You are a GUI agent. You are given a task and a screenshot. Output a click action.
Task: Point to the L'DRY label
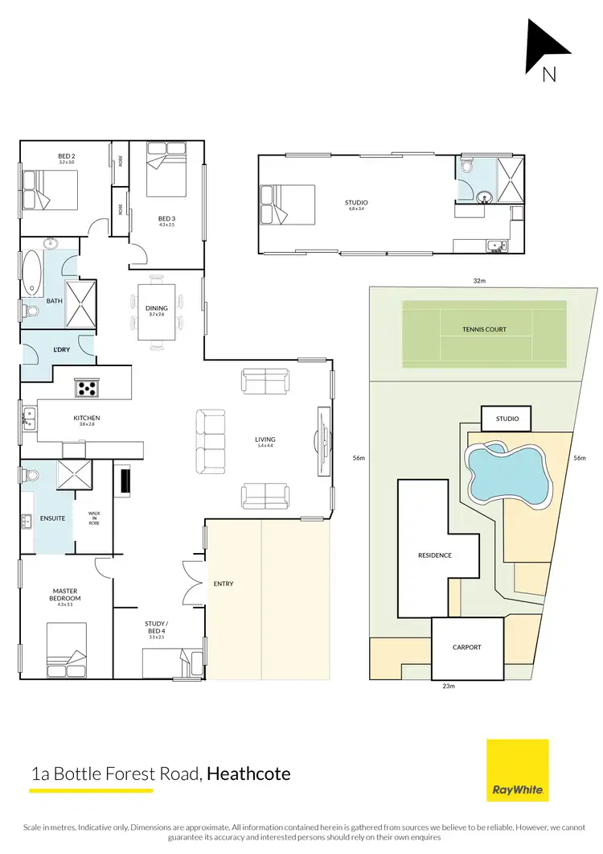click(62, 349)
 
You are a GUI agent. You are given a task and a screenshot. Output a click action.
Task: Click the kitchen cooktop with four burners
click(87, 388)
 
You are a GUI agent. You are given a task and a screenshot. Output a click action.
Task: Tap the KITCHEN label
click(86, 418)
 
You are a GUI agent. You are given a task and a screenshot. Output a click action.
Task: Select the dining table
click(157, 311)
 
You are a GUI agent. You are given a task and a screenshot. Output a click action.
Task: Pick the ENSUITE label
click(52, 518)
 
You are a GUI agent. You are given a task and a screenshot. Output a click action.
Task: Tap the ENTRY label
click(224, 584)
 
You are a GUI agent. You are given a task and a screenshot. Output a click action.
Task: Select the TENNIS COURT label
click(484, 329)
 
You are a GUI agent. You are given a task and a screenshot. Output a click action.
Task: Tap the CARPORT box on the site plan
click(466, 647)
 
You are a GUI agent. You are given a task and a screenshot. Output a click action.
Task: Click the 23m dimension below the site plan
click(449, 687)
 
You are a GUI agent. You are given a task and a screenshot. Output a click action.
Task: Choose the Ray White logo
click(518, 770)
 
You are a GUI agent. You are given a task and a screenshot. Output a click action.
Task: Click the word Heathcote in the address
click(248, 774)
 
